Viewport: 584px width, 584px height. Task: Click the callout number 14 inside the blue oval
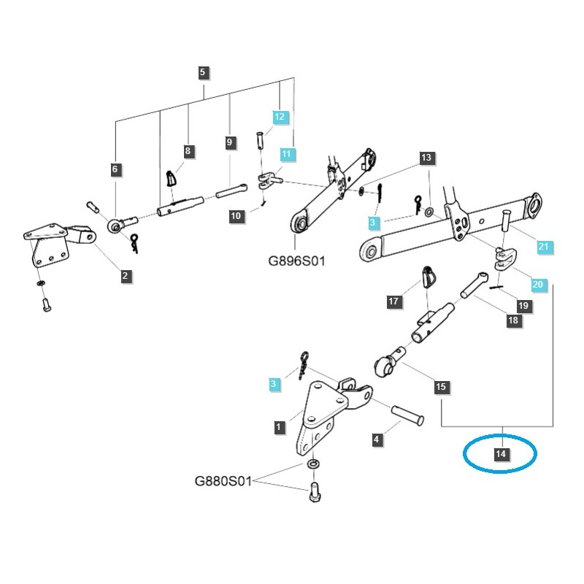pos(501,455)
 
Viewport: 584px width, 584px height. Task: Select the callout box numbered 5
pos(203,72)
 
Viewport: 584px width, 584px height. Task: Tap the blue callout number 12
pos(281,117)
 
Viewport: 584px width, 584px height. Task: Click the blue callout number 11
pos(287,154)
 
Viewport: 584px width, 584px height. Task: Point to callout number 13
pos(426,158)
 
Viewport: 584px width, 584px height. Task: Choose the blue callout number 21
pos(542,247)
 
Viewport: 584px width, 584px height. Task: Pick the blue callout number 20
pos(537,285)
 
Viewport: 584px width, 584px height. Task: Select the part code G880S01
pos(223,482)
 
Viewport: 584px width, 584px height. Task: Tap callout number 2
pos(126,276)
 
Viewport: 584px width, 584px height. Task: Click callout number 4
pos(376,439)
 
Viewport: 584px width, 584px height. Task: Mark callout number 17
pos(393,301)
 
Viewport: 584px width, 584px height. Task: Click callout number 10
pos(235,216)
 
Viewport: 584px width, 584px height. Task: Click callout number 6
pos(115,169)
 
